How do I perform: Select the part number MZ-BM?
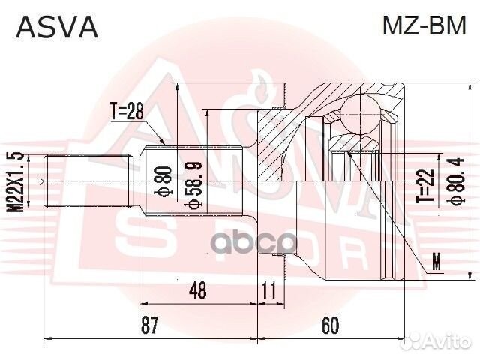tap(425, 27)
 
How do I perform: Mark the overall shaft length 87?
tap(150, 325)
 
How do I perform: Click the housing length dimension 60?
tap(331, 325)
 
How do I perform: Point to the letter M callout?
tap(437, 262)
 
